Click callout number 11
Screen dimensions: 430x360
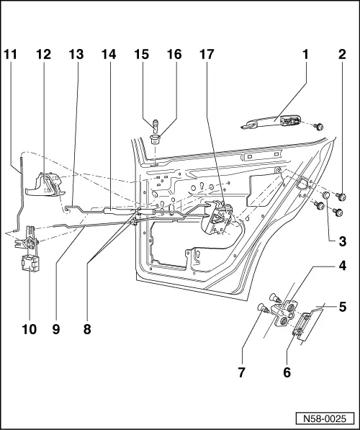(x=12, y=54)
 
